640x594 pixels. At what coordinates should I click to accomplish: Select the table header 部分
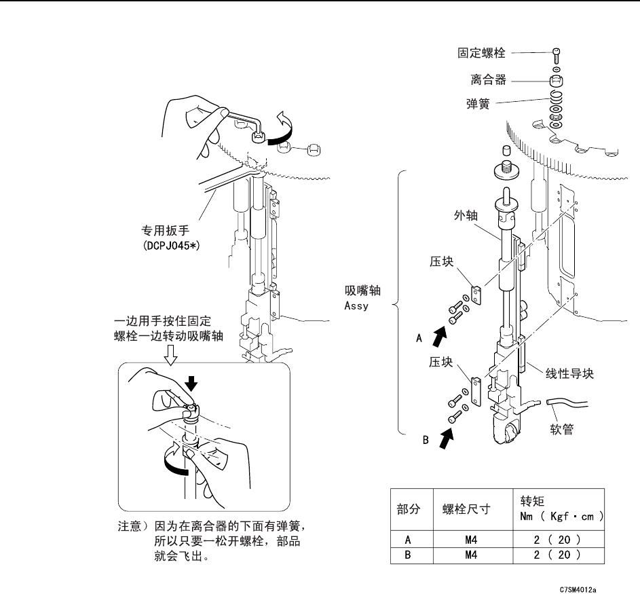[409, 511]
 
